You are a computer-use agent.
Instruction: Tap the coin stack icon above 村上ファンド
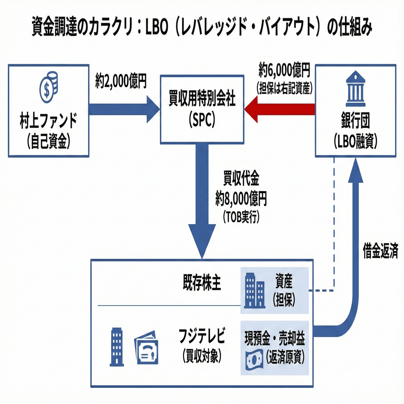[49, 87]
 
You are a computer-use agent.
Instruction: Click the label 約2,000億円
[121, 81]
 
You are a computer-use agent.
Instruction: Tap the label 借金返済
[380, 251]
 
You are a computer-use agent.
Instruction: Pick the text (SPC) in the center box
[202, 120]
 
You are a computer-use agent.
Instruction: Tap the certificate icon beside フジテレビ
[147, 348]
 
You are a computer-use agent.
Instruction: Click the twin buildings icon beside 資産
[254, 291]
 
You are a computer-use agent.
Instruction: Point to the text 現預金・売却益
[275, 338]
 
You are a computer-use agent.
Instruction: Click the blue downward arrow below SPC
[202, 200]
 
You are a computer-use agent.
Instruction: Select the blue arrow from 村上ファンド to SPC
[124, 109]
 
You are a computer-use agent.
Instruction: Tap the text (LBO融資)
[356, 141]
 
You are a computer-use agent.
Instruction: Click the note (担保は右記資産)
[284, 88]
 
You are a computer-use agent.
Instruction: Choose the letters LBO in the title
[157, 27]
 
